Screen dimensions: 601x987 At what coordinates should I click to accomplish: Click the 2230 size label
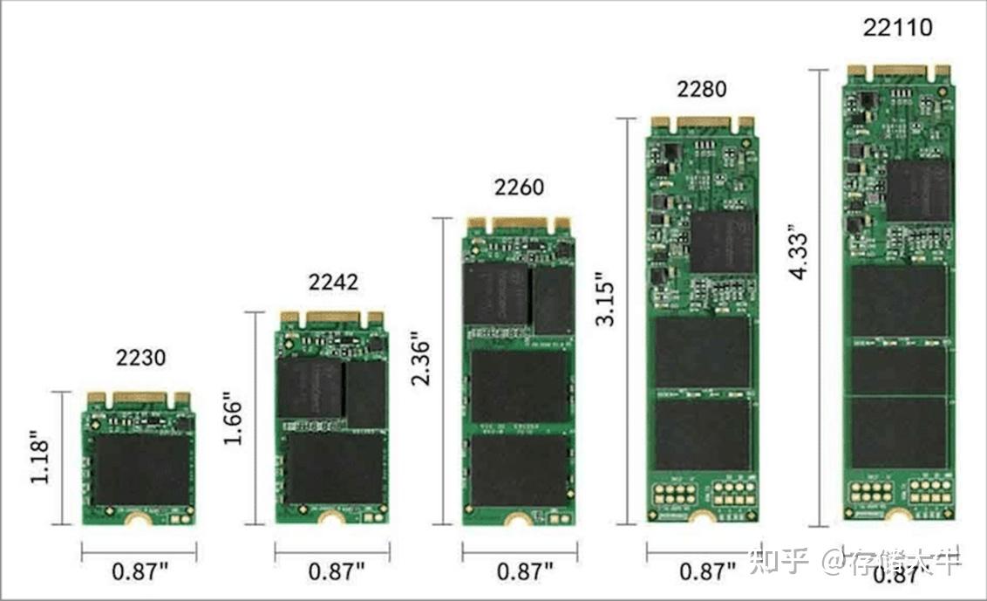tap(140, 357)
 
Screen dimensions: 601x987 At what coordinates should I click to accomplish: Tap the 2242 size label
tap(332, 282)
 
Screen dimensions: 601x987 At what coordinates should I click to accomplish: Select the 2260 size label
tap(519, 187)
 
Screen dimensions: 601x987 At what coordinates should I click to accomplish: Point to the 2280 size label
tap(701, 89)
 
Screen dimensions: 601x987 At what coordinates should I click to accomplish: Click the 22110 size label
tap(897, 27)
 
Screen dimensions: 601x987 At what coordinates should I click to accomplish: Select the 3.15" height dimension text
tap(606, 300)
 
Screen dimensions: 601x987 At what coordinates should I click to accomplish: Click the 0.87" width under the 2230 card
tap(140, 572)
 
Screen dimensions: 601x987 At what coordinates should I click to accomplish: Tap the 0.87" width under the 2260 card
tap(525, 572)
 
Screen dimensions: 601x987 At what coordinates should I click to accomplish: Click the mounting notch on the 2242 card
tap(332, 519)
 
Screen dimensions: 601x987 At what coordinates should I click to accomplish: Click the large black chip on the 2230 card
tap(140, 468)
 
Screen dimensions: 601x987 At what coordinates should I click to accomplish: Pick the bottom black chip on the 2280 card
tap(702, 434)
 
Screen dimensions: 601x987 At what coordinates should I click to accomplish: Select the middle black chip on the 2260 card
tap(520, 386)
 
